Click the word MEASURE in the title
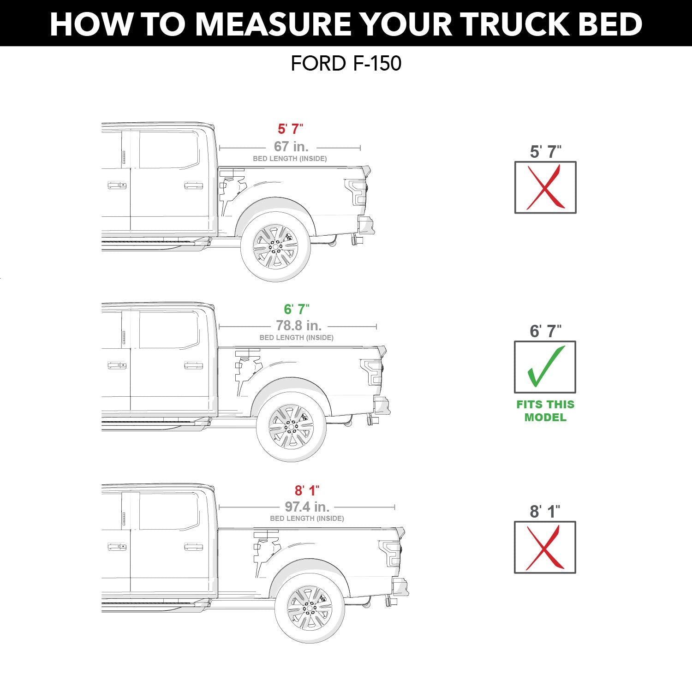coord(273,24)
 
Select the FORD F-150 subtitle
coord(346,64)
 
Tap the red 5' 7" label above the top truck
coord(290,129)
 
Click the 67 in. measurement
coord(291,146)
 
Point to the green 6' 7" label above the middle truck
coord(297,309)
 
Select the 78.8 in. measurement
coord(298,326)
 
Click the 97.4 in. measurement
coord(307,507)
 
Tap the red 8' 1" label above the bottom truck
coord(307,490)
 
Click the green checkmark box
coord(545,367)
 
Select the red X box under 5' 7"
coord(545,187)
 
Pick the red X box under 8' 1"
coord(545,548)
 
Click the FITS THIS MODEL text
coord(545,411)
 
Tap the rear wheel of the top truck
coord(275,247)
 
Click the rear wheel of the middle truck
coord(291,427)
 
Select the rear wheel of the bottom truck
coord(310,608)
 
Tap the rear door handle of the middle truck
coord(193,365)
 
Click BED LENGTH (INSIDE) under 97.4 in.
coord(307,519)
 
